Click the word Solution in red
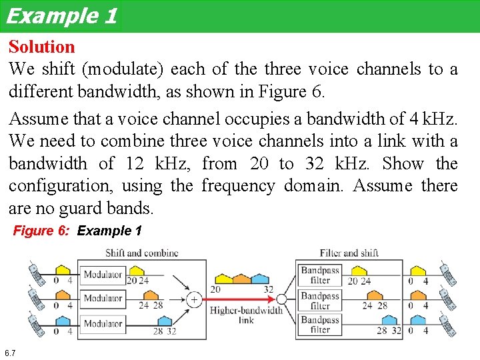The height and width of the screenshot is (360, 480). [x=41, y=47]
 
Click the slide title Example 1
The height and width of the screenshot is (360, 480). [x=61, y=15]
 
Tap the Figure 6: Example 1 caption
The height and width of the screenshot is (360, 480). [x=78, y=231]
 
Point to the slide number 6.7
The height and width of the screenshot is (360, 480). [x=10, y=352]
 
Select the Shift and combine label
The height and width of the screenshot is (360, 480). [x=141, y=253]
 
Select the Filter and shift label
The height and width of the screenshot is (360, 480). [x=349, y=253]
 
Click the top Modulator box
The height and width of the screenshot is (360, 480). [x=103, y=274]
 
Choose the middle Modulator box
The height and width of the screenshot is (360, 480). [x=103, y=299]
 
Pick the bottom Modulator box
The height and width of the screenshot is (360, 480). [x=103, y=324]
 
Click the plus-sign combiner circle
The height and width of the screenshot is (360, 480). [x=194, y=299]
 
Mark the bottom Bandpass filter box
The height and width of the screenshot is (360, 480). [x=320, y=324]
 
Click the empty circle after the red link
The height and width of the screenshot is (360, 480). [x=282, y=299]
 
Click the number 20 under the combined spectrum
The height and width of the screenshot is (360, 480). [x=215, y=289]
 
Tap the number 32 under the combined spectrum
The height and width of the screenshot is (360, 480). [x=268, y=289]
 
